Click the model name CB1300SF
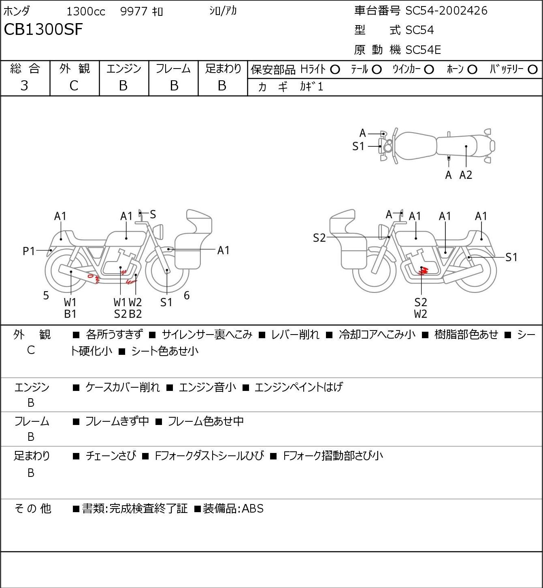coord(43,30)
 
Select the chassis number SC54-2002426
coord(446,11)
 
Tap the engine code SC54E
coord(423,50)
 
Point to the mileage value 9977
coord(134,11)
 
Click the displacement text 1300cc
coord(86,11)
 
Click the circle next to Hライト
coord(335,70)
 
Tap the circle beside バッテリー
coord(532,70)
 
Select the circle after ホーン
coord(472,70)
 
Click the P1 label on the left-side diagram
coord(29,251)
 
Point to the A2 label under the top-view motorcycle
coord(466,175)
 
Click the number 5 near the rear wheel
coord(46,295)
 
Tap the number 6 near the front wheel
coord(187,295)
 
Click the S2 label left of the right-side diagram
coord(319,238)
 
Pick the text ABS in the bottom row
coord(253,509)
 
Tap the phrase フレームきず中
coord(117,421)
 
